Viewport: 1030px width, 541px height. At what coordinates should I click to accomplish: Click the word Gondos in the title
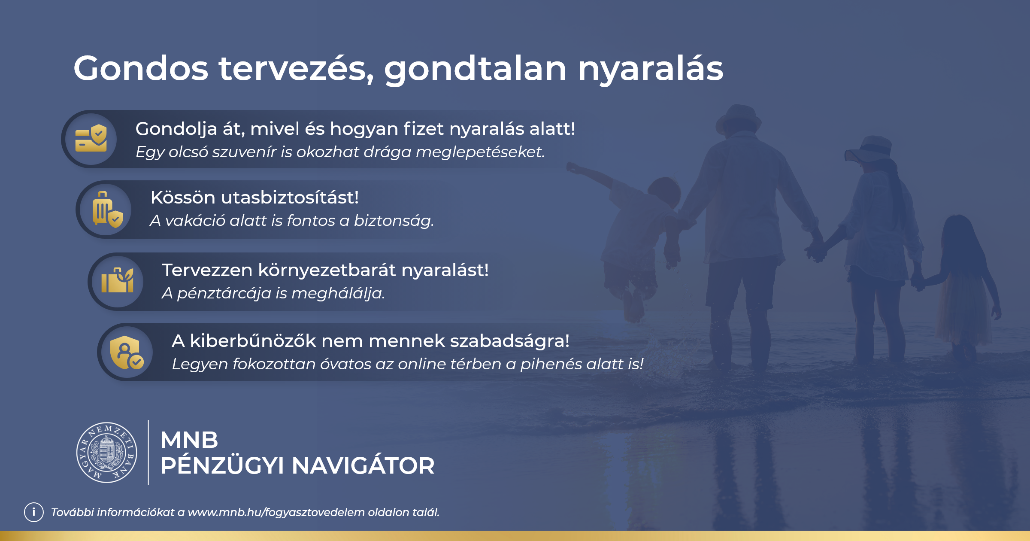141,68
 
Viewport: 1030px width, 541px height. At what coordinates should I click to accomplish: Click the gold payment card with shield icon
91,138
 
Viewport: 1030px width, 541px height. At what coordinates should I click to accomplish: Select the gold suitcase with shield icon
107,210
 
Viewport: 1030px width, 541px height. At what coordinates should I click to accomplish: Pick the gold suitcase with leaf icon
117,280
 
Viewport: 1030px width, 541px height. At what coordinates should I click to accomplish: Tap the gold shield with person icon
126,353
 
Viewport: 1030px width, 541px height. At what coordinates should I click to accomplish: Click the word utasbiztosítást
290,198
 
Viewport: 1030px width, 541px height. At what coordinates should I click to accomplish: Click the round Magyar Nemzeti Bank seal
106,453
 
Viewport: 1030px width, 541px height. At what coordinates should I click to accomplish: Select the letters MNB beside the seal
189,440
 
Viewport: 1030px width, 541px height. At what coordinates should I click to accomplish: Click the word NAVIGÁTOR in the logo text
363,466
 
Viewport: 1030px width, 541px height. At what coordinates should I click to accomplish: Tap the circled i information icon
34,512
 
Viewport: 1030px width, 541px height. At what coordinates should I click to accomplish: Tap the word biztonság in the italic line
394,221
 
